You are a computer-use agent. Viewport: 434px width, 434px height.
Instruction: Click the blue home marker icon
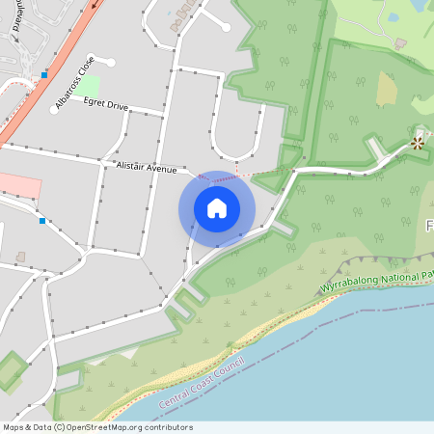[x=216, y=208]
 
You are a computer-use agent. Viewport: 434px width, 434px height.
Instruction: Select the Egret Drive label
[x=105, y=104]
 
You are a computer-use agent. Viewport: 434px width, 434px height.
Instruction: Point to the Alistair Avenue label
[x=146, y=168]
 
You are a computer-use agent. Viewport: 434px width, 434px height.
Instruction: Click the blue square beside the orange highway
[x=44, y=74]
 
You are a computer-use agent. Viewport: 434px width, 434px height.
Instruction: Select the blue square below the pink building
[x=42, y=221]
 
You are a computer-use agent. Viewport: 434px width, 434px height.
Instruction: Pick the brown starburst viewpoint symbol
[x=418, y=143]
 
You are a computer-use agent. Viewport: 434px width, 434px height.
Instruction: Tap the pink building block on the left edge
[x=19, y=186]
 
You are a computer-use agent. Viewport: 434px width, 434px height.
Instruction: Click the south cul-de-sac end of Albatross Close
[x=55, y=109]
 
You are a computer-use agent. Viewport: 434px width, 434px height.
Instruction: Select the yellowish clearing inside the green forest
[x=386, y=90]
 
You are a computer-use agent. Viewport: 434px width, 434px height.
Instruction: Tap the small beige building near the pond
[x=400, y=43]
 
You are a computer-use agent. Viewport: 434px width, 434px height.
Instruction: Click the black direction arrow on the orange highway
[x=95, y=4]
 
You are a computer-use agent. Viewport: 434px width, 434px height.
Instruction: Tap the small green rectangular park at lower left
[x=12, y=371]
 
